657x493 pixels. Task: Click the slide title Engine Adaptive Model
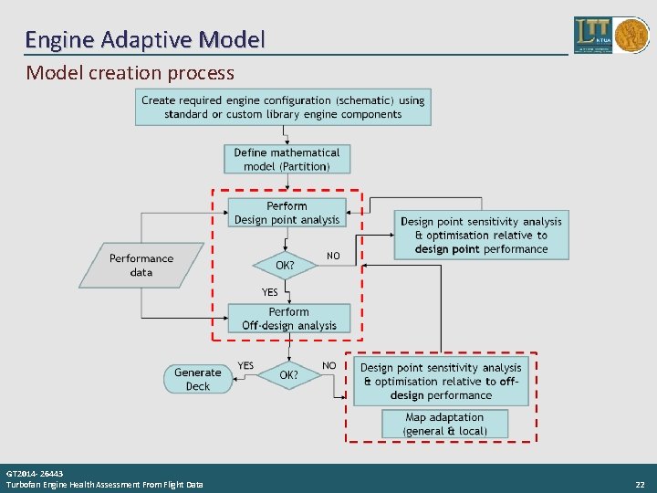pos(145,39)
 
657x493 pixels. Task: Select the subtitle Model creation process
pos(130,72)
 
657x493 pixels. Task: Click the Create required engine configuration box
pos(283,107)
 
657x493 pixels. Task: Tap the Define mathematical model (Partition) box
pos(287,159)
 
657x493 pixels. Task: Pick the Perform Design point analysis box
pos(287,213)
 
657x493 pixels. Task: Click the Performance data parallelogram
pos(141,265)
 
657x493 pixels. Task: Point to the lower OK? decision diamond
pos(288,374)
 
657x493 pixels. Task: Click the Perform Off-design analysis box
pos(288,319)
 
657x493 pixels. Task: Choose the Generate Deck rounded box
pos(197,379)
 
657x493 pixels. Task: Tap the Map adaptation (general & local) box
pos(444,424)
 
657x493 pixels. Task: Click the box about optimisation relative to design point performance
pos(481,235)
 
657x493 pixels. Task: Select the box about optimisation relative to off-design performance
pos(441,382)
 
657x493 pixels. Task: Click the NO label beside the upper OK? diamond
pos(333,257)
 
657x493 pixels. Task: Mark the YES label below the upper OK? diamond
pos(270,292)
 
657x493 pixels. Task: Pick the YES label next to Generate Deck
pos(245,365)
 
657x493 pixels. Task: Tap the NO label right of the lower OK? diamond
pos(328,365)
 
